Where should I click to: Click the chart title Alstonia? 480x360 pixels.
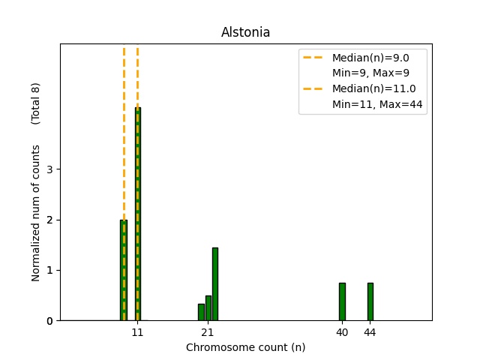pos(245,33)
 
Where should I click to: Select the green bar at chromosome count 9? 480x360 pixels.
pos(124,270)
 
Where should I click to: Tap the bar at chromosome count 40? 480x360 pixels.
pos(342,301)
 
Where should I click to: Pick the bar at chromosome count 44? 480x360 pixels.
pos(370,301)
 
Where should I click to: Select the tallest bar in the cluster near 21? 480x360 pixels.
pos(215,284)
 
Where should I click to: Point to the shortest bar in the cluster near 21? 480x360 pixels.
pos(201,312)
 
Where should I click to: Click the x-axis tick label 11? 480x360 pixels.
pos(138,331)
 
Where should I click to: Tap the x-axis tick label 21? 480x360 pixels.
pos(208,331)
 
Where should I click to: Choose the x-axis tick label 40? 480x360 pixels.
pos(342,331)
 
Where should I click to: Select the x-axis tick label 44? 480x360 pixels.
pos(370,331)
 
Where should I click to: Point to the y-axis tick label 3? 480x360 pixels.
pos(49,169)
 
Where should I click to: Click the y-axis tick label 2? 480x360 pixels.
pos(49,220)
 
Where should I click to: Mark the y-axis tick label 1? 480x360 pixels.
pos(49,270)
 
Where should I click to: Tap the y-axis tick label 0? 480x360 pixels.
pos(49,321)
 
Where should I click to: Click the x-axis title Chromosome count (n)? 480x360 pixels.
pos(245,347)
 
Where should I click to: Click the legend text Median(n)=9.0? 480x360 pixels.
pos(370,58)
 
